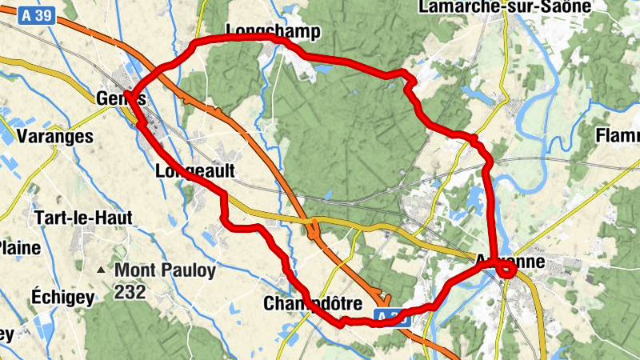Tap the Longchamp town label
tap(273, 31)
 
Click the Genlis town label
tap(120, 98)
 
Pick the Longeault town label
tap(194, 170)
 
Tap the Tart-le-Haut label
tap(83, 217)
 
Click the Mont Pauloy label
tap(165, 270)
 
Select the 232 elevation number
tap(130, 292)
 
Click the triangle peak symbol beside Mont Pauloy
tap(101, 270)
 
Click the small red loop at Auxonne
tap(506, 270)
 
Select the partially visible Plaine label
tap(19, 247)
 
